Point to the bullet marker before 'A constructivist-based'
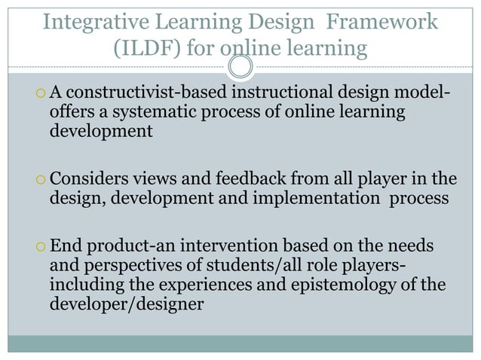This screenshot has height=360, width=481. click(x=39, y=94)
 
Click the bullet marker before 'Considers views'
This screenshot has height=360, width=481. click(x=39, y=182)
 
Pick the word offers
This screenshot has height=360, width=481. click(x=71, y=112)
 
